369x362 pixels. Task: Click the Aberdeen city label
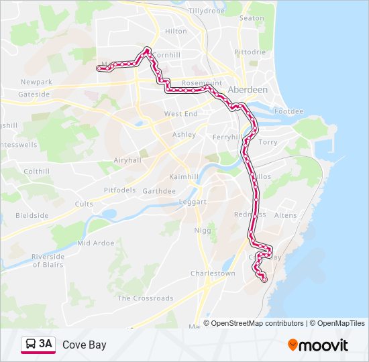[x=248, y=89]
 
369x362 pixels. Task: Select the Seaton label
[x=252, y=18]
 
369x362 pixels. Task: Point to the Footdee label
[x=288, y=111]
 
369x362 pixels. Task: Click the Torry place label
[x=268, y=142]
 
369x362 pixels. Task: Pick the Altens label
[x=285, y=215]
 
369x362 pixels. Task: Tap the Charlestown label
[x=213, y=274]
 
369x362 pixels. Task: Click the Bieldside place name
[x=32, y=215]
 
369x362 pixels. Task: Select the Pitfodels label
[x=119, y=190]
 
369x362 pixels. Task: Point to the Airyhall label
[x=127, y=160]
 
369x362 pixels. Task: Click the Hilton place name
[x=176, y=31]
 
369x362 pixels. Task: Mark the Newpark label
[x=36, y=82]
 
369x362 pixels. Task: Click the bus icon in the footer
[x=30, y=345]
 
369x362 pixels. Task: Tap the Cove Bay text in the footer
[x=84, y=345]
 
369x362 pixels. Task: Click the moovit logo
[x=318, y=345]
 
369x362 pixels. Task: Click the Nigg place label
[x=203, y=231]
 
